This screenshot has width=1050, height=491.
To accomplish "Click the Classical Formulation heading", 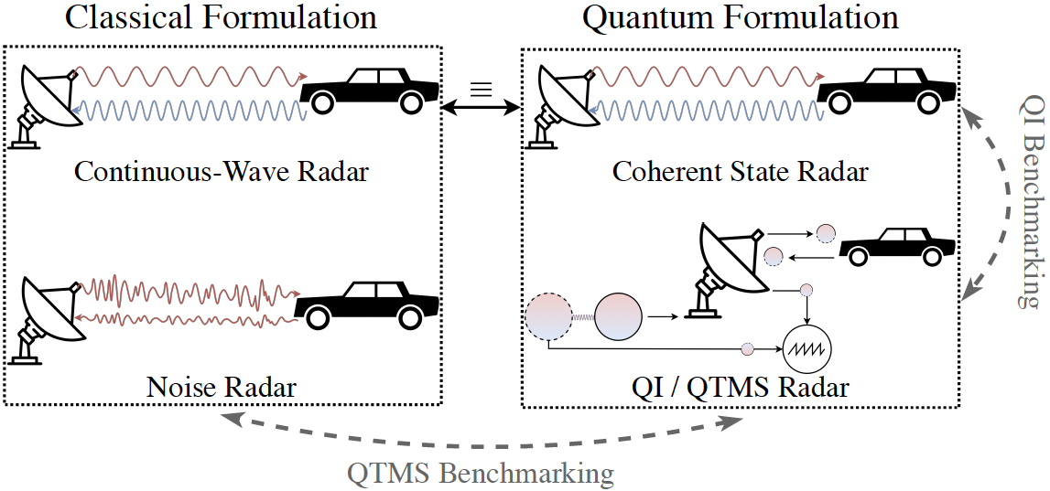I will tap(221, 17).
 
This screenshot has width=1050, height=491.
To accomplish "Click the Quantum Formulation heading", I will tap(741, 17).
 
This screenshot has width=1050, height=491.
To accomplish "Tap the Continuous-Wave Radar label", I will tap(222, 171).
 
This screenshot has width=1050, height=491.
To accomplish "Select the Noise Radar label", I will tap(222, 387).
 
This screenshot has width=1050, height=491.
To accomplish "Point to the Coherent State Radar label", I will tap(740, 171).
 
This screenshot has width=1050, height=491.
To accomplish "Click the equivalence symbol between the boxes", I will tap(481, 88).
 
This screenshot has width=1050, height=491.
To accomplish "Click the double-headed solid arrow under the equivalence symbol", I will tap(481, 109).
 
